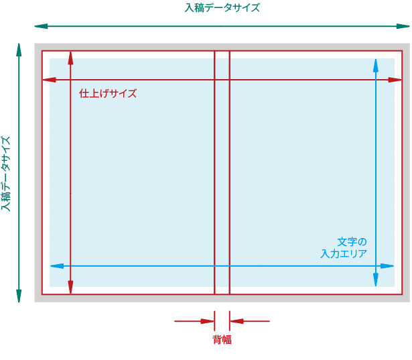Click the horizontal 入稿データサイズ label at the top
click(222, 7)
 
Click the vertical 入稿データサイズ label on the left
click(6, 173)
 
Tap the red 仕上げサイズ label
click(108, 93)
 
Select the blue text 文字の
click(352, 241)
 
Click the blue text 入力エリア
click(344, 253)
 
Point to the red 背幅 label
click(222, 339)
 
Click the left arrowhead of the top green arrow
click(41, 26)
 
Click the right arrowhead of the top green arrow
click(403, 26)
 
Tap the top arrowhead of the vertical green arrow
click(19, 50)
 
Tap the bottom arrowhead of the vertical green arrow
click(19, 296)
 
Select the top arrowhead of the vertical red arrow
click(70, 58)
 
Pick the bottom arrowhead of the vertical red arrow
click(70, 287)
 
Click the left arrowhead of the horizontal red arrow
click(50, 80)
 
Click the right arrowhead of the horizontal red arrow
click(395, 80)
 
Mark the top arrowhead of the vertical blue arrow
click(376, 66)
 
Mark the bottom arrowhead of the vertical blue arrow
click(376, 280)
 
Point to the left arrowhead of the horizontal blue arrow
click(57, 266)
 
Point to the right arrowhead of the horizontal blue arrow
click(387, 266)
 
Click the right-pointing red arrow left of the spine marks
click(194, 321)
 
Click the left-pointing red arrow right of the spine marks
click(250, 321)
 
